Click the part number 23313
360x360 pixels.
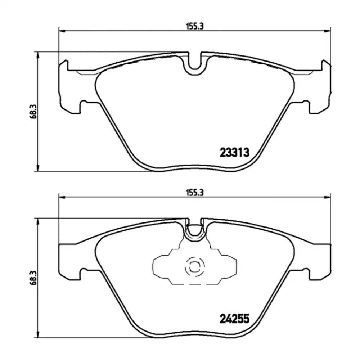click(234, 153)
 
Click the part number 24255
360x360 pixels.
click(234, 318)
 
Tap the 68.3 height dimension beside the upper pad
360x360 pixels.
click(33, 112)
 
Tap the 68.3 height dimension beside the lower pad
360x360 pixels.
click(33, 278)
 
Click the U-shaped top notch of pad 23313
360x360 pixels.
click(194, 65)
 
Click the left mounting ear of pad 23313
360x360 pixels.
click(68, 86)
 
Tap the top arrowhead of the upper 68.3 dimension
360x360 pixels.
click(37, 54)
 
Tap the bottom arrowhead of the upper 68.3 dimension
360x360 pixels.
click(37, 169)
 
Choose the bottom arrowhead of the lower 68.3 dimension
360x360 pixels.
click(37, 335)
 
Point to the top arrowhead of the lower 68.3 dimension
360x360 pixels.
click(37, 221)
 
